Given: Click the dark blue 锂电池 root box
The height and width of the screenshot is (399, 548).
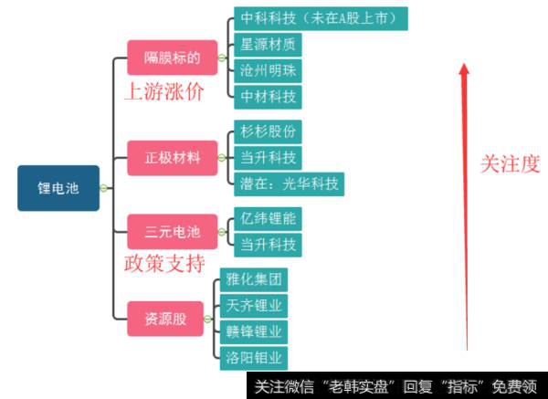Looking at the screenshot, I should pyautogui.click(x=58, y=188).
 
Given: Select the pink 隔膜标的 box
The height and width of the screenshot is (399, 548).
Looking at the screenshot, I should pyautogui.click(x=172, y=58).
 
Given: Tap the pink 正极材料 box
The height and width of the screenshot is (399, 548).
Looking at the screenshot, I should pyautogui.click(x=172, y=157).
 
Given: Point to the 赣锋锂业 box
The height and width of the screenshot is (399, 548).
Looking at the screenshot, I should pyautogui.click(x=254, y=331).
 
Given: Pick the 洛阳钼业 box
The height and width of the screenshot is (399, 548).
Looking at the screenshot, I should pyautogui.click(x=254, y=357).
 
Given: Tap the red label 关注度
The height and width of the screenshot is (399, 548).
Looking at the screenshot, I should pyautogui.click(x=511, y=163).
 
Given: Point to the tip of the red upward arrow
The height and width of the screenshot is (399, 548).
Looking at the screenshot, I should pyautogui.click(x=465, y=65).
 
